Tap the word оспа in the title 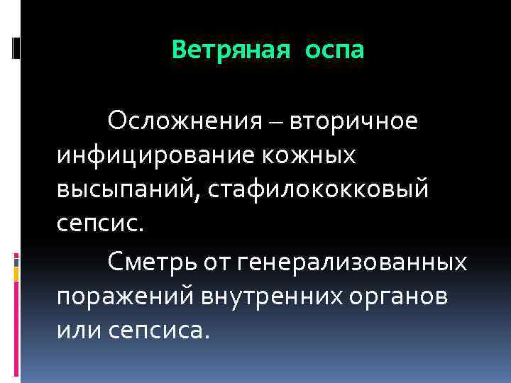coord(335,51)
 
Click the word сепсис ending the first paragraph coord(98,223)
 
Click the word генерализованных coord(355,263)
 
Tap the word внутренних coord(269,297)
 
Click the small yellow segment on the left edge coord(16,272)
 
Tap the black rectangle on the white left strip coord(16,48)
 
